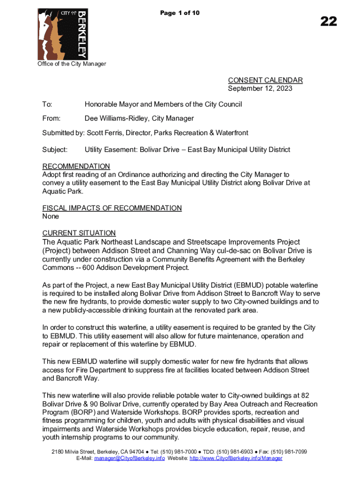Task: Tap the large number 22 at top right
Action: click(x=328, y=21)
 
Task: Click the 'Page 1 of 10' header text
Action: click(x=180, y=13)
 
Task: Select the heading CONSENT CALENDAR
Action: click(x=265, y=80)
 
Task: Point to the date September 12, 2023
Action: click(x=260, y=88)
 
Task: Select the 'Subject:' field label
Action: click(x=55, y=150)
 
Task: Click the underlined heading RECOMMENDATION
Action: click(x=76, y=167)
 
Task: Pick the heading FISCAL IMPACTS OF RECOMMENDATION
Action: click(x=112, y=208)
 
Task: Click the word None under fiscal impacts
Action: click(x=51, y=217)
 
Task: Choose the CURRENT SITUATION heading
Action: click(x=79, y=233)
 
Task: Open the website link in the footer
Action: click(x=236, y=458)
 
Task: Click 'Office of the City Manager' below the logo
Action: click(x=72, y=64)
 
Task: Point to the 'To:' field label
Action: click(x=47, y=104)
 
